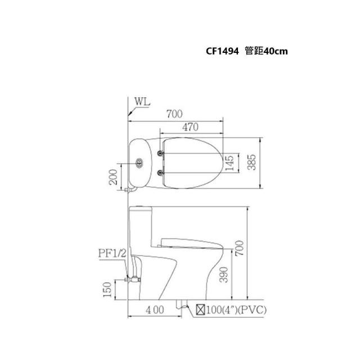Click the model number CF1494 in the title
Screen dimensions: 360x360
[x=222, y=51]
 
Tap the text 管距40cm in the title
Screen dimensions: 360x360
[x=266, y=51]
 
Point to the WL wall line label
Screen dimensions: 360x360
[x=142, y=101]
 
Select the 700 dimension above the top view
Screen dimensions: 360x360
[x=174, y=114]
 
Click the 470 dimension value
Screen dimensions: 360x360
[x=190, y=127]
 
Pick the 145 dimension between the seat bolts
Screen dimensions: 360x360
[x=229, y=163]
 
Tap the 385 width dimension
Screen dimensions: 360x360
[x=251, y=162]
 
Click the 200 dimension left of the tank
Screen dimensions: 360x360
[x=113, y=177]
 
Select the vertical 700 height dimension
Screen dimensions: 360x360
[x=240, y=248]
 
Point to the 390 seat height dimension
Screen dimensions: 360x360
[x=224, y=274]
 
